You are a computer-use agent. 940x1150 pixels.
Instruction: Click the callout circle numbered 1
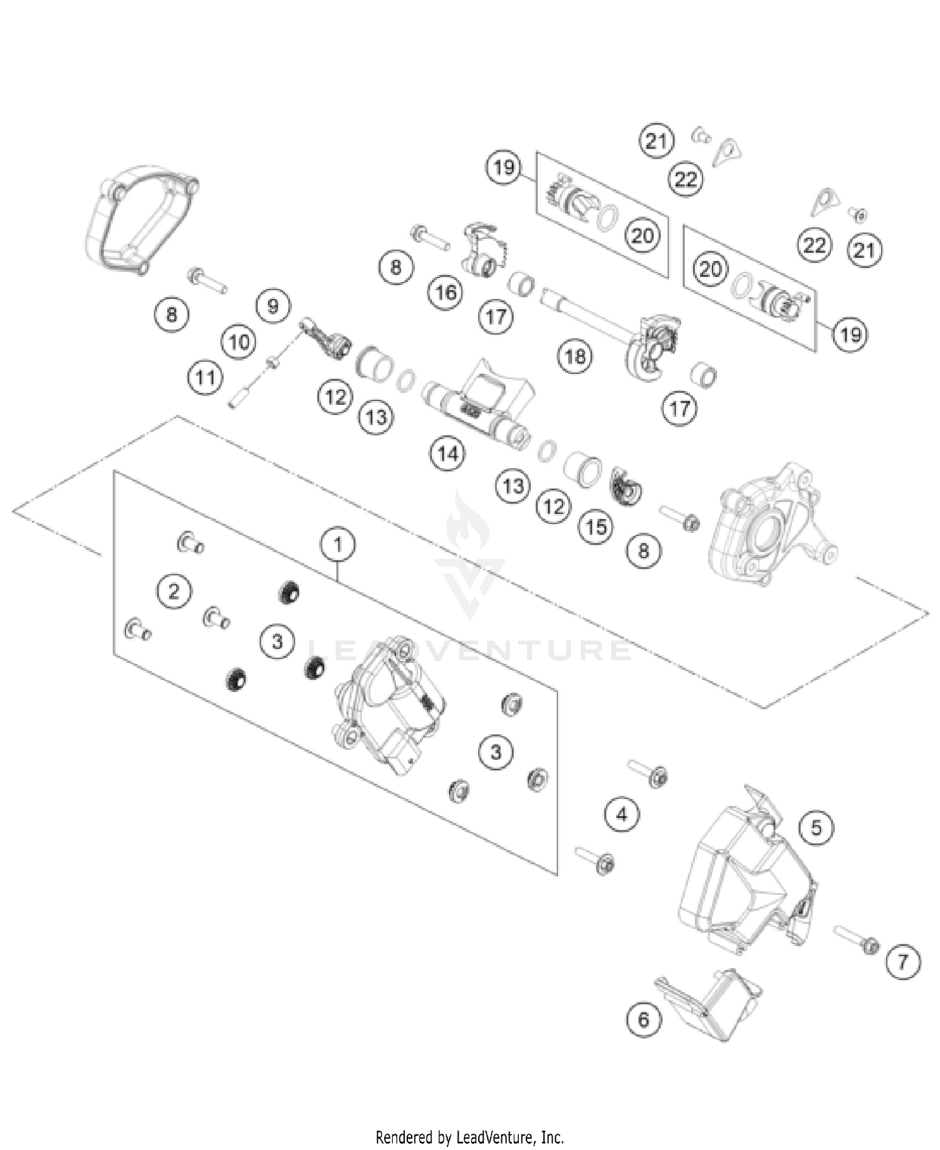point(338,545)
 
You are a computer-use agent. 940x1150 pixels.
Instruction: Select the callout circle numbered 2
point(174,591)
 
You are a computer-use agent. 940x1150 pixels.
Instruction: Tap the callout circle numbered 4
point(622,814)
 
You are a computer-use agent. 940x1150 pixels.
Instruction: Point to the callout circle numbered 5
point(816,828)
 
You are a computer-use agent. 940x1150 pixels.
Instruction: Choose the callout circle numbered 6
point(644,1020)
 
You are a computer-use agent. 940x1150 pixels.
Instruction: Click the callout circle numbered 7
point(903,961)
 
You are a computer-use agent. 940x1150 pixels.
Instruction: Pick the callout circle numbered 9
point(273,306)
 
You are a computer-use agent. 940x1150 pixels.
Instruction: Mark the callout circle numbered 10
point(239,342)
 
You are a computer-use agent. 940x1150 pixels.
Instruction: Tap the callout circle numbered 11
point(206,377)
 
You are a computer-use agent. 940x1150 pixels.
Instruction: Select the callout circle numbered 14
point(447,453)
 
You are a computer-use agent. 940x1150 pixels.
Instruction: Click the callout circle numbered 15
point(595,527)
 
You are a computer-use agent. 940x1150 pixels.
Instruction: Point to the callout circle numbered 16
point(446,292)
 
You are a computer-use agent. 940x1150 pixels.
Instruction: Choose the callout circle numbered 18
point(575,357)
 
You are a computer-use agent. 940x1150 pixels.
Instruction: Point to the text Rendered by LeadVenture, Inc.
point(469,1136)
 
